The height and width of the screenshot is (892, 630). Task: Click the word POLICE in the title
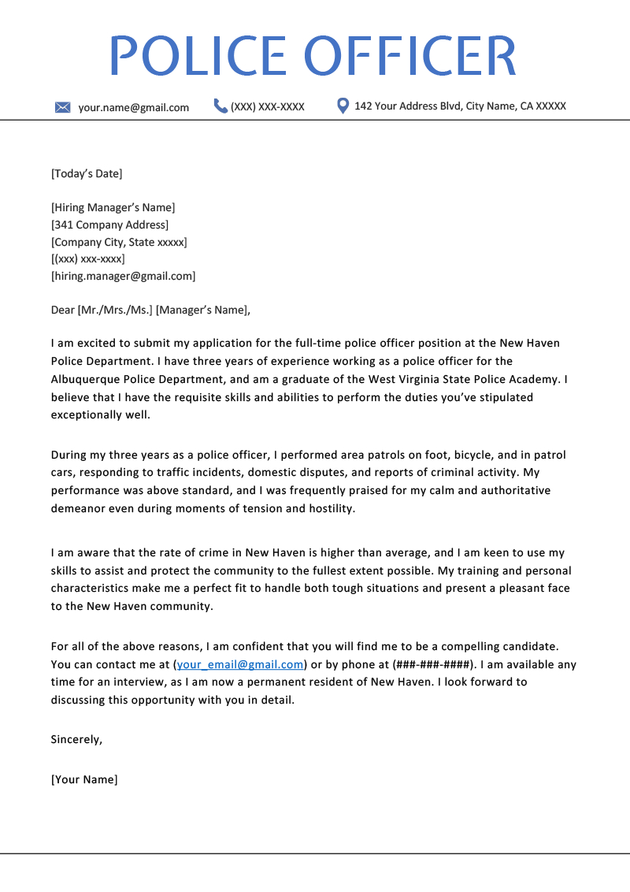(x=198, y=56)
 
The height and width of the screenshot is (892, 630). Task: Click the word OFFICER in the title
(x=410, y=56)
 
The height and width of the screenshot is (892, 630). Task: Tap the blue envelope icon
(x=63, y=107)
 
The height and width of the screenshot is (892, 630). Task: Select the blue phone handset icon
(x=220, y=106)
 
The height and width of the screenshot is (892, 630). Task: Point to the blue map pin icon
(x=343, y=106)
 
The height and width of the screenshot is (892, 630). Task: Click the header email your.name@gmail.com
(x=133, y=107)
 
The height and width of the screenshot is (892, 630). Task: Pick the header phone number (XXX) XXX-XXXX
(x=268, y=106)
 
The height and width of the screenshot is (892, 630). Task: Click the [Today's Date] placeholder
(x=87, y=173)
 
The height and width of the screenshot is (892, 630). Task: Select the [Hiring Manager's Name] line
(x=113, y=207)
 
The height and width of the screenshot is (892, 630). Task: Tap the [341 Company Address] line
(x=109, y=225)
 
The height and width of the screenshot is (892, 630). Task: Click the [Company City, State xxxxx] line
(x=119, y=242)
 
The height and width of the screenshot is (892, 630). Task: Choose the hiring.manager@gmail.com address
(x=123, y=276)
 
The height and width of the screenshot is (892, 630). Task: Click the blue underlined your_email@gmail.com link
(x=240, y=664)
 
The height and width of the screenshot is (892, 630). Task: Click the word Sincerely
(x=76, y=739)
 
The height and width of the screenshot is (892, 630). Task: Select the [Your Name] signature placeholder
(x=84, y=779)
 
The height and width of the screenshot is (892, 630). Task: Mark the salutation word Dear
(x=63, y=310)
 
